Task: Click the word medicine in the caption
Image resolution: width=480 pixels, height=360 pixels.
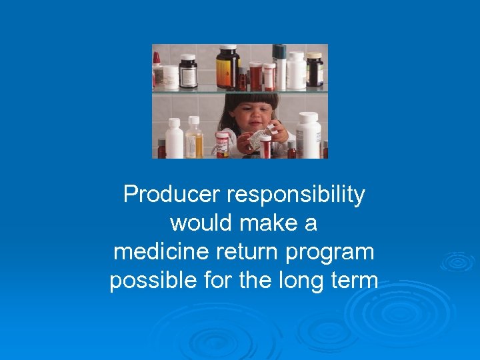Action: point(156,252)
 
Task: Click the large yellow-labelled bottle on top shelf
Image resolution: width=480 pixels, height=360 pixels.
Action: point(227,67)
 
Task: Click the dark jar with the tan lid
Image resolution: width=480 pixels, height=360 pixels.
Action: point(315,70)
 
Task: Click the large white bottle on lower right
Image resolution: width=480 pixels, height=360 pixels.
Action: point(308,136)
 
